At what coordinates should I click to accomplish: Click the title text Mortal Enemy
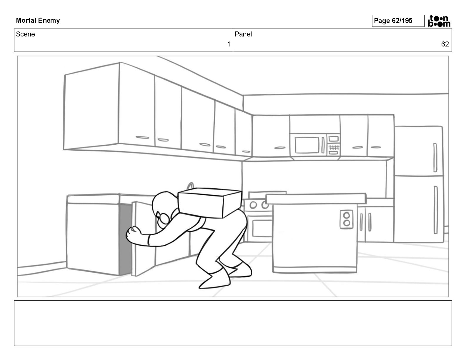(38, 21)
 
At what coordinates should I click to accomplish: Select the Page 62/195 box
(398, 21)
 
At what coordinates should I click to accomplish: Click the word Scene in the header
(25, 34)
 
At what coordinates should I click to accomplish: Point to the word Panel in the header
(243, 34)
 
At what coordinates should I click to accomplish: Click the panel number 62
(445, 44)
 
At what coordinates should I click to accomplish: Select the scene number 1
(229, 44)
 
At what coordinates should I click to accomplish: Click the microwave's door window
(307, 145)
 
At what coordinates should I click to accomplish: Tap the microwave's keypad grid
(334, 147)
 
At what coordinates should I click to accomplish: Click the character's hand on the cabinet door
(133, 234)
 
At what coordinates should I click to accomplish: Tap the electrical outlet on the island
(346, 219)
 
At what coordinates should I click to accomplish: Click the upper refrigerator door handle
(435, 157)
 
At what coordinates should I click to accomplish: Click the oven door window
(262, 228)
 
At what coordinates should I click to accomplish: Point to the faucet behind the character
(191, 186)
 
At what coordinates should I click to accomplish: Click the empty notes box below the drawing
(233, 323)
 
